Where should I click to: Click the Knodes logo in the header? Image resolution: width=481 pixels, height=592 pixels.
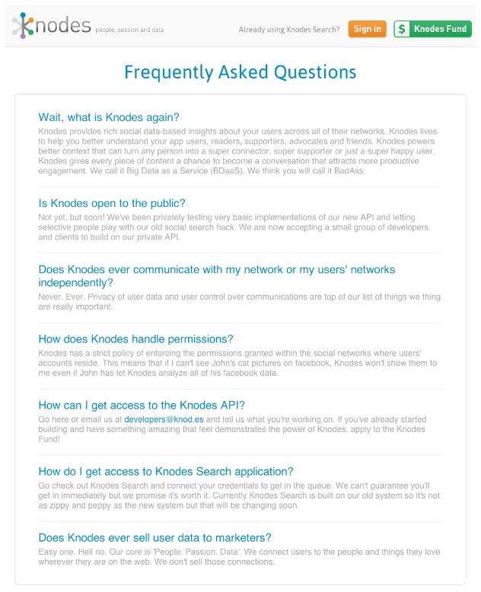click(51, 27)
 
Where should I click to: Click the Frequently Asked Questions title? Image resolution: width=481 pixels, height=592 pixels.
click(240, 72)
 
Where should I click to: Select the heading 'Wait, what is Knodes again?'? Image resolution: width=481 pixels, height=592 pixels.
click(109, 117)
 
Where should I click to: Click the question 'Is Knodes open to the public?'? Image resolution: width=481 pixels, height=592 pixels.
click(112, 203)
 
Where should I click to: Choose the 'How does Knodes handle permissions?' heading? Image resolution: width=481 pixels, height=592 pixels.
click(135, 339)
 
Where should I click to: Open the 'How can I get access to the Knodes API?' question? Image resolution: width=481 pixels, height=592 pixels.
click(142, 405)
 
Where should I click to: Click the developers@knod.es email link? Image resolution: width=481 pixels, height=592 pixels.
click(164, 419)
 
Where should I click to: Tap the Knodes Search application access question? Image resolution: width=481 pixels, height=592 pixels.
click(166, 471)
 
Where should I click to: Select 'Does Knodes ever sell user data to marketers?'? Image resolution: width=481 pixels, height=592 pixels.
click(154, 537)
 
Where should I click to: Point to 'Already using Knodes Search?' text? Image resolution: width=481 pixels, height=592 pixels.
click(289, 30)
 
